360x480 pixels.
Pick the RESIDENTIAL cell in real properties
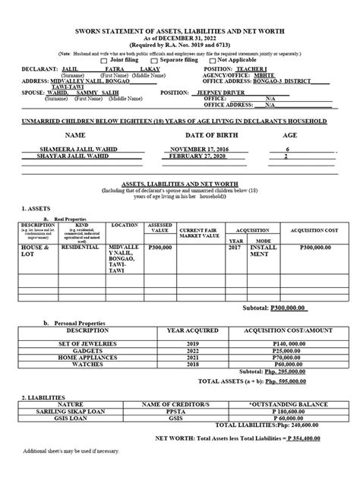(x=81, y=269)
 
